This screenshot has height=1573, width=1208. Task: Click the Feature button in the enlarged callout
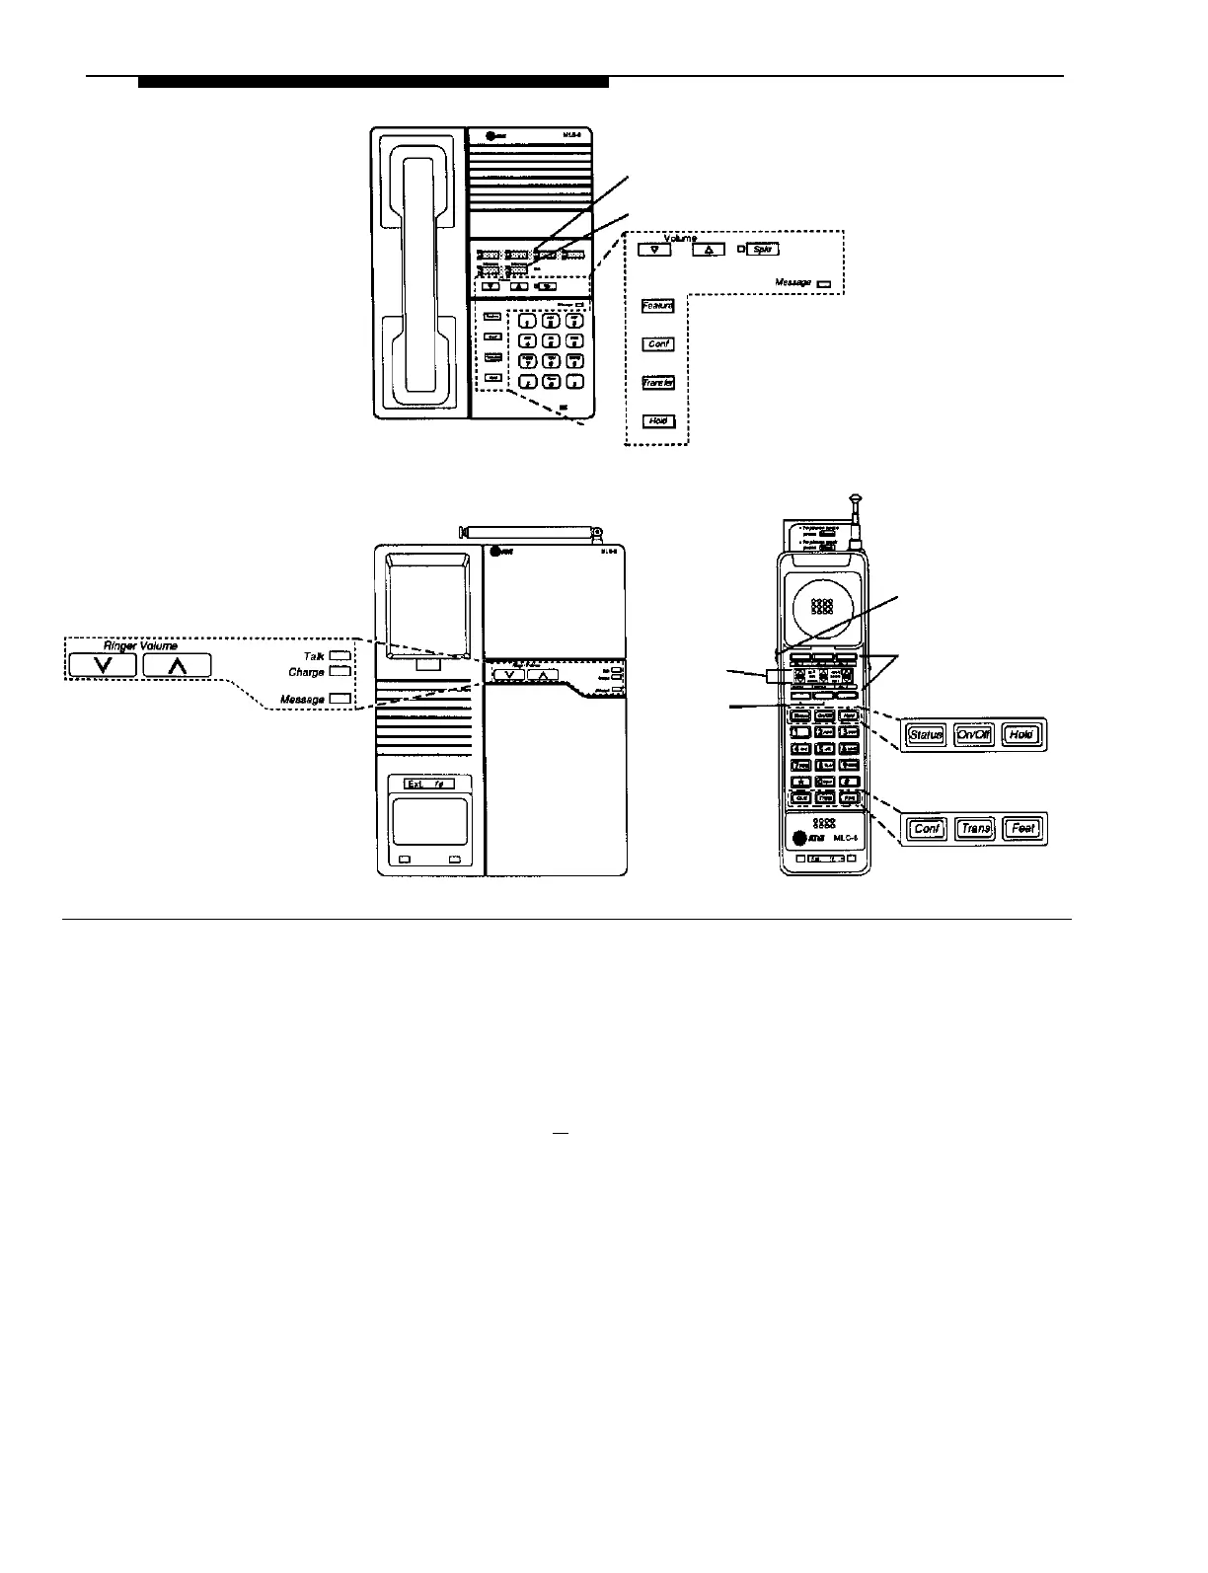click(658, 306)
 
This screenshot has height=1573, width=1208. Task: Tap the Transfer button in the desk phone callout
click(658, 383)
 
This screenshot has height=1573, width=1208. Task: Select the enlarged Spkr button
click(763, 250)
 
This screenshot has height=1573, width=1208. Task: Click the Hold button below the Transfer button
click(658, 421)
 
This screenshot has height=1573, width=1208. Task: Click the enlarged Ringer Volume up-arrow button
click(177, 666)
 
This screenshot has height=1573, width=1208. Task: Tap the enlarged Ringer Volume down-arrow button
click(103, 666)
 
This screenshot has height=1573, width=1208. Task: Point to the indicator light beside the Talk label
click(340, 655)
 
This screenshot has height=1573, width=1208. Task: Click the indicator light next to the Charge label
click(340, 672)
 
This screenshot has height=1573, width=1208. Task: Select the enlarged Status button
click(926, 735)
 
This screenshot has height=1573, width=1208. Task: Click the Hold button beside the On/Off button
click(1022, 735)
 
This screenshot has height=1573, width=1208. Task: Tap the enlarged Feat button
click(1022, 829)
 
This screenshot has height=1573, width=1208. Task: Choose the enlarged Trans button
click(975, 829)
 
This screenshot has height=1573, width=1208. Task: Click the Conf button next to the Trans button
click(927, 829)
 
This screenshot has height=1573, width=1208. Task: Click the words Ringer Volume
click(140, 646)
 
